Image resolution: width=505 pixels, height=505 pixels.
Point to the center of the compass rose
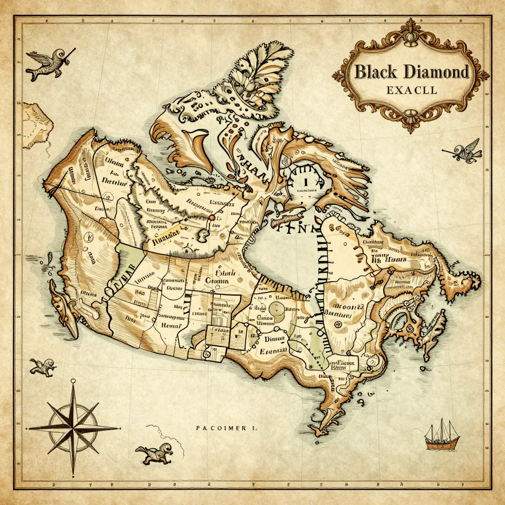[73, 428]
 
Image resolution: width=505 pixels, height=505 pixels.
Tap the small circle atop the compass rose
[73, 381]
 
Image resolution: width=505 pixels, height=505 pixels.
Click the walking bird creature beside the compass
[154, 452]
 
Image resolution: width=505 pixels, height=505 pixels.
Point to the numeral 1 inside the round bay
[306, 182]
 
